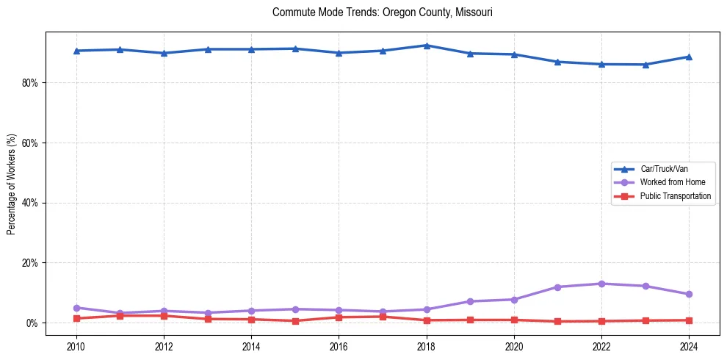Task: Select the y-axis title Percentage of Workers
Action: (12, 184)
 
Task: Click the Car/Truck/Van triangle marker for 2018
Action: (426, 46)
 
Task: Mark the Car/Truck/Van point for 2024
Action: (689, 57)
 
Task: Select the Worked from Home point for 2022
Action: (601, 284)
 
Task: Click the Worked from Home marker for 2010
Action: (76, 308)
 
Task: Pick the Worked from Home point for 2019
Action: (470, 301)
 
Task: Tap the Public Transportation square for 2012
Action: (164, 316)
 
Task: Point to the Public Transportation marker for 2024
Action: (689, 320)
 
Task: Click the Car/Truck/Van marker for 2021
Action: (557, 62)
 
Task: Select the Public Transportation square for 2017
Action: (383, 317)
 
